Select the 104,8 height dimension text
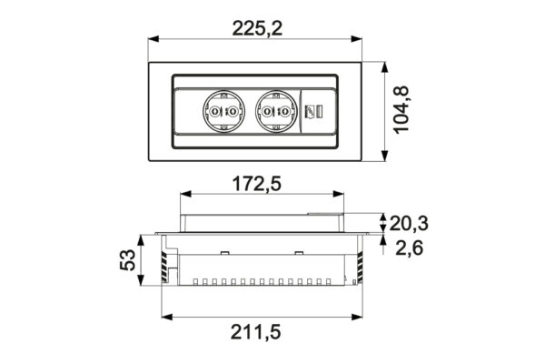pos(403,111)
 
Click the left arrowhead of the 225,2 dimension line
pos(152,39)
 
